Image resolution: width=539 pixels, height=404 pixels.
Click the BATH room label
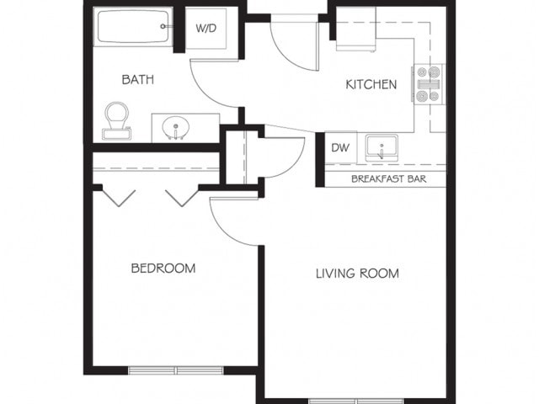coord(138,80)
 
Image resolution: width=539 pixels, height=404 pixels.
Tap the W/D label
coord(206,29)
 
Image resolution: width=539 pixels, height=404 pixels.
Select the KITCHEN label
coord(371,84)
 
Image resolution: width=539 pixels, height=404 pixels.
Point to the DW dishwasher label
coord(339,148)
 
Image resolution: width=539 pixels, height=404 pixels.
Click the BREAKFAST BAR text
coord(388,178)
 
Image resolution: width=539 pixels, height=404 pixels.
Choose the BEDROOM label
coord(163,268)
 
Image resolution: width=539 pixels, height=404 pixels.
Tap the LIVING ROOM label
coord(357,274)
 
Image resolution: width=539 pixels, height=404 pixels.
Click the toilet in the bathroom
coord(116,120)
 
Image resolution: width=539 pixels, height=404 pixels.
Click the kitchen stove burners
coord(428,84)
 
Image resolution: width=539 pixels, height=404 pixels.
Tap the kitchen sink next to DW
coord(383,150)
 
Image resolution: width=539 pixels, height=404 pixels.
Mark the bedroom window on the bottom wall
coord(176,369)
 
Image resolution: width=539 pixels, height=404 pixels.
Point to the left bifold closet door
coord(119,198)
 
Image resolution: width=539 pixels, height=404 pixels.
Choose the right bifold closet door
coord(180,198)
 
